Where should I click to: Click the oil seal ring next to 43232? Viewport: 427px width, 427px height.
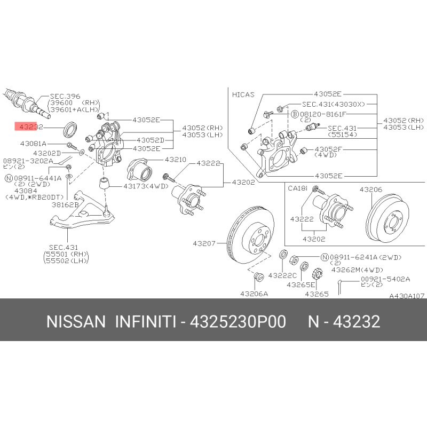pyautogui.click(x=70, y=129)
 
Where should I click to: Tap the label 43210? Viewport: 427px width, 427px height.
pyautogui.click(x=176, y=159)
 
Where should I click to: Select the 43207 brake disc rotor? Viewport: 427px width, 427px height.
pyautogui.click(x=250, y=235)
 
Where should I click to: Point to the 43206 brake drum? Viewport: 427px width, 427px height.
pyautogui.click(x=388, y=217)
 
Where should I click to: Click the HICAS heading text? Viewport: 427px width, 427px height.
pyautogui.click(x=243, y=94)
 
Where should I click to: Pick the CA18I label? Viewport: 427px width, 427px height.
pyautogui.click(x=298, y=188)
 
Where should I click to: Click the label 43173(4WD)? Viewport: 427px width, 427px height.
pyautogui.click(x=146, y=186)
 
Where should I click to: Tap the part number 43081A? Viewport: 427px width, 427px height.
pyautogui.click(x=33, y=143)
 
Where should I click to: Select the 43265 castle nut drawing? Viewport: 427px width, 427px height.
pyautogui.click(x=317, y=274)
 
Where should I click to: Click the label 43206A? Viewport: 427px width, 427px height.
pyautogui.click(x=254, y=294)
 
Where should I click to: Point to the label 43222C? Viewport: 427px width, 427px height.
pyautogui.click(x=282, y=275)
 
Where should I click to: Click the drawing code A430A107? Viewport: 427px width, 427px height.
pyautogui.click(x=407, y=296)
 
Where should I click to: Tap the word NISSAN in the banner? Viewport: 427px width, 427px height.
pyautogui.click(x=76, y=321)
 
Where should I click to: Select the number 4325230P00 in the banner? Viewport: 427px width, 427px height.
pyautogui.click(x=238, y=321)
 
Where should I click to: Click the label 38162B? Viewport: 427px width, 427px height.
pyautogui.click(x=65, y=204)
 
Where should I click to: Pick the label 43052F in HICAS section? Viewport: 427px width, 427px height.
pyautogui.click(x=328, y=149)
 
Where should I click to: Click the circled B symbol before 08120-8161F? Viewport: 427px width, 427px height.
pyautogui.click(x=295, y=114)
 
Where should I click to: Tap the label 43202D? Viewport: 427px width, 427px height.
pyautogui.click(x=47, y=153)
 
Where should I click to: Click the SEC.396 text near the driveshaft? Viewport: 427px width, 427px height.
pyautogui.click(x=65, y=96)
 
